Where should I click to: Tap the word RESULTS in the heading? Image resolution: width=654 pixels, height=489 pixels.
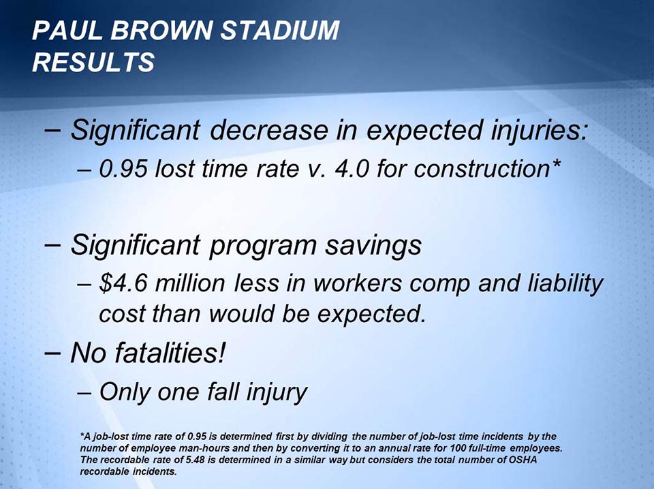click(x=93, y=62)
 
